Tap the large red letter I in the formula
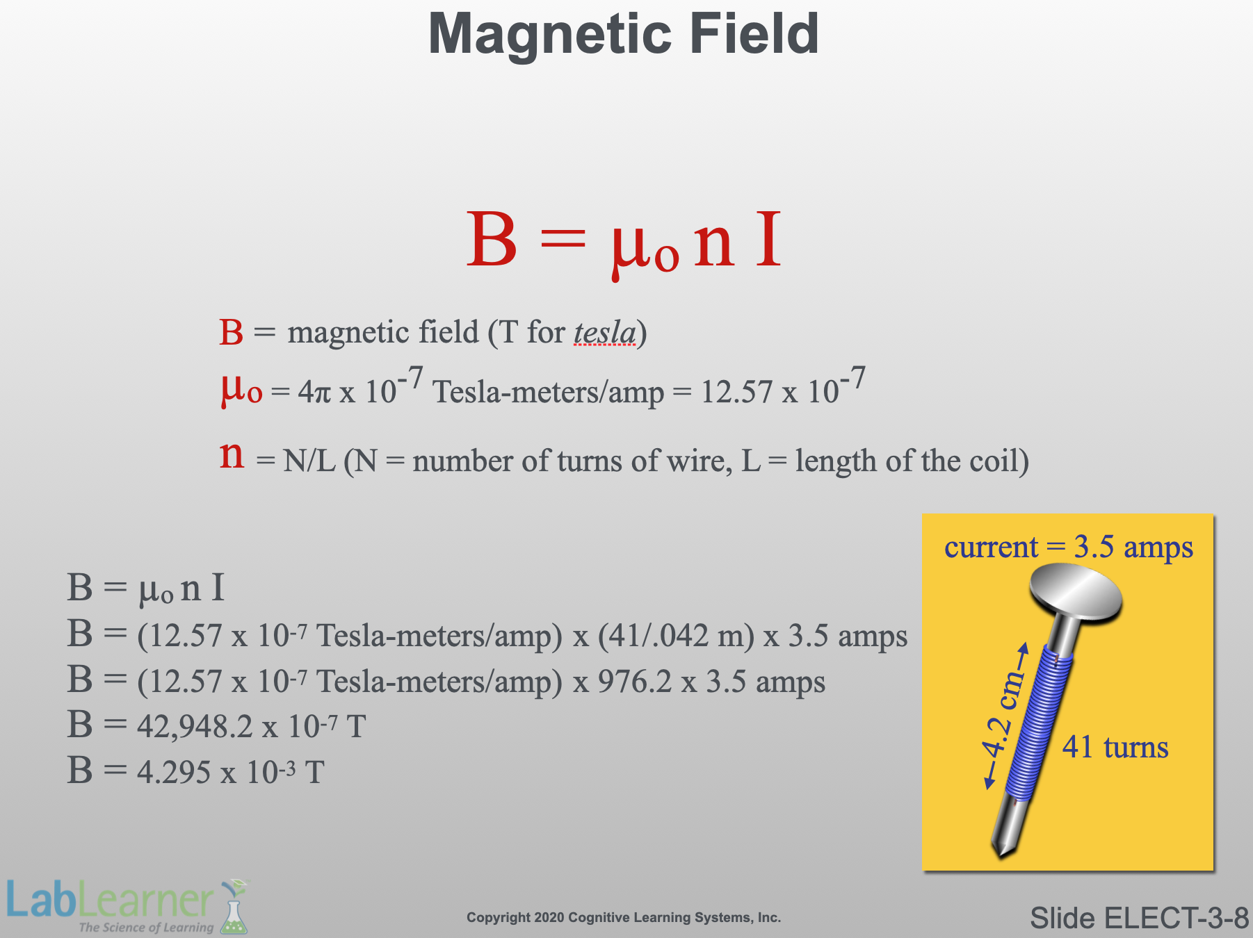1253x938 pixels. (x=768, y=240)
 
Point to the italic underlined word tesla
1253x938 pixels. (x=604, y=332)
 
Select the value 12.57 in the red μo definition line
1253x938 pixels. (x=736, y=393)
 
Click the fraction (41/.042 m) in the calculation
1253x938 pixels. (x=675, y=636)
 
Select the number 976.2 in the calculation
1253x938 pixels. (x=635, y=682)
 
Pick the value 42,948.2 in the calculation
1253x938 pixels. (x=195, y=727)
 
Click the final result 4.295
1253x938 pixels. (x=174, y=773)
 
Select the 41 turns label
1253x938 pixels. (x=1115, y=748)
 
